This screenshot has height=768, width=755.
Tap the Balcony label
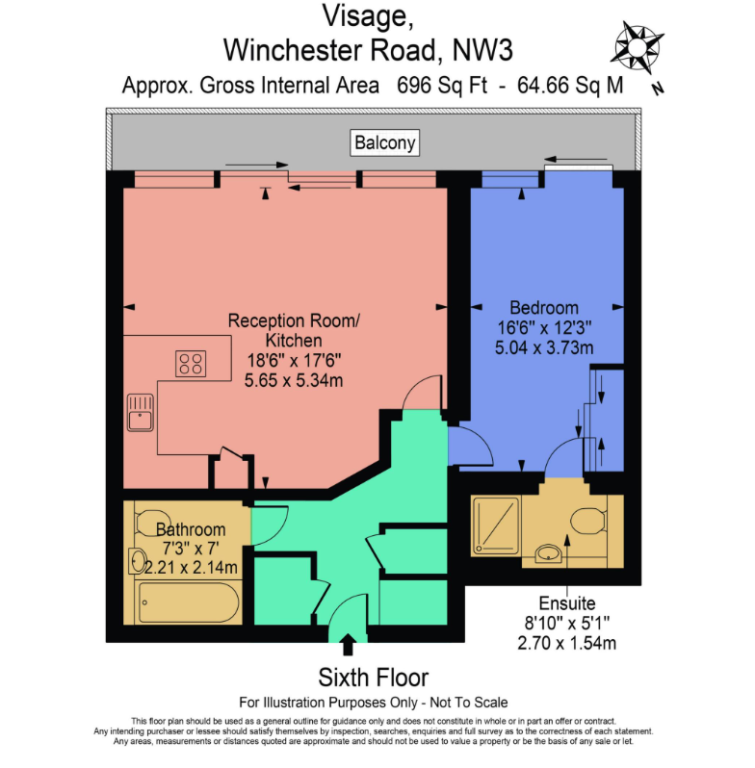pyautogui.click(x=385, y=143)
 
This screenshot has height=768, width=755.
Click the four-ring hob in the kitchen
pyautogui.click(x=191, y=364)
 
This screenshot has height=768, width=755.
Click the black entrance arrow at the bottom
pyautogui.click(x=348, y=645)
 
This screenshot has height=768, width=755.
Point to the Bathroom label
pyautogui.click(x=191, y=529)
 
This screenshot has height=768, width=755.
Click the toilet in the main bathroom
pyautogui.click(x=151, y=518)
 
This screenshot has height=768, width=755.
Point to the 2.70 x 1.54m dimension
pyautogui.click(x=565, y=642)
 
